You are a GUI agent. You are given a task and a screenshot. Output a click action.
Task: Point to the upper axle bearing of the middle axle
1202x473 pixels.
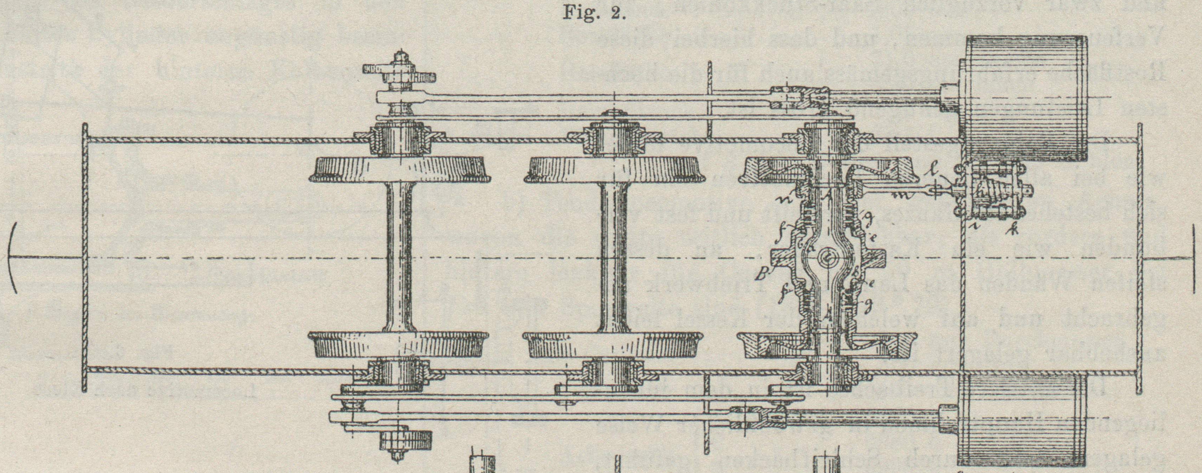pyautogui.click(x=613, y=138)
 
